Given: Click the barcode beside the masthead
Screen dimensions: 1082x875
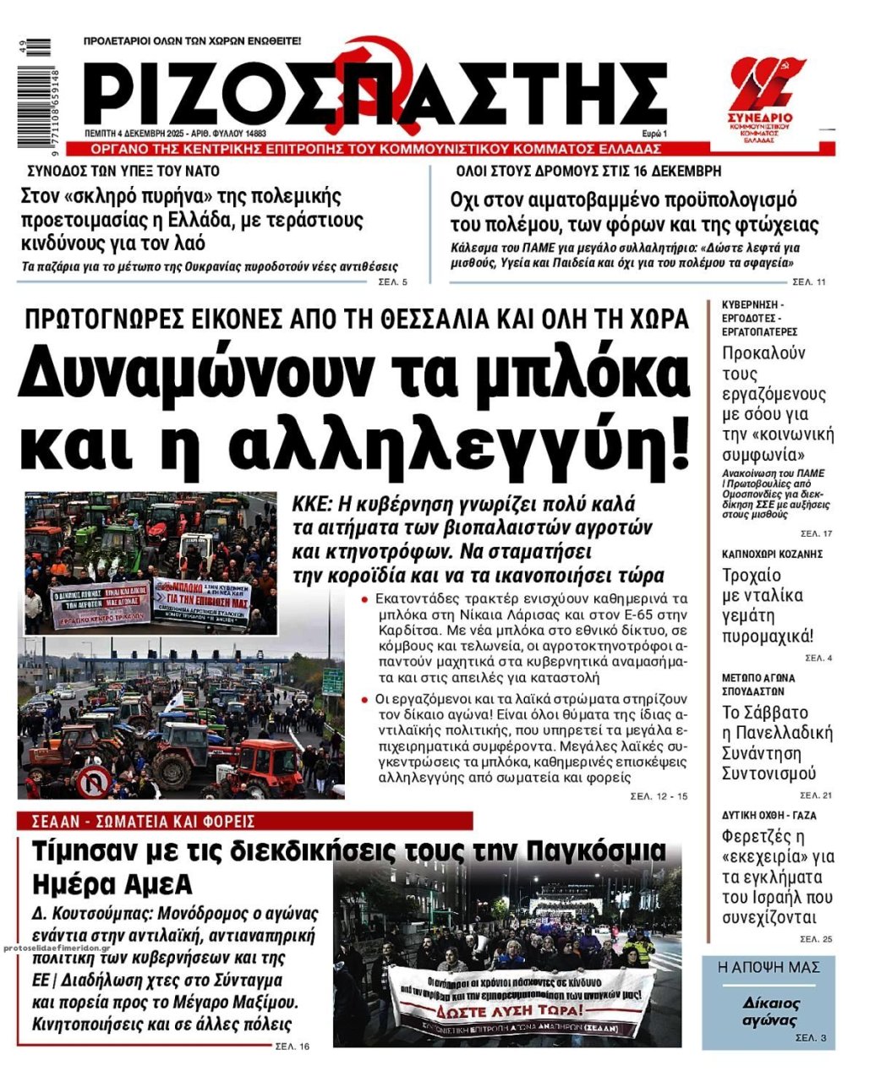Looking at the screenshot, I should pyautogui.click(x=38, y=93).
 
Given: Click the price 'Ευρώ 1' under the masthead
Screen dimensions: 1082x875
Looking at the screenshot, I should pyautogui.click(x=654, y=134).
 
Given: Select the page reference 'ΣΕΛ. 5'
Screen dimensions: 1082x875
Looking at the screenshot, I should pyautogui.click(x=392, y=281).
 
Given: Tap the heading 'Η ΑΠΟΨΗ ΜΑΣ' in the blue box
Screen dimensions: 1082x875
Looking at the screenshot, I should pyautogui.click(x=768, y=967).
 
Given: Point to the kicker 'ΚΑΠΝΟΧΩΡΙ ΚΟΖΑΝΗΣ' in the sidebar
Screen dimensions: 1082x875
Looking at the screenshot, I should pyautogui.click(x=772, y=554).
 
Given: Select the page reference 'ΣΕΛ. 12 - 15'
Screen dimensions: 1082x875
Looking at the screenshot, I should pyautogui.click(x=659, y=796).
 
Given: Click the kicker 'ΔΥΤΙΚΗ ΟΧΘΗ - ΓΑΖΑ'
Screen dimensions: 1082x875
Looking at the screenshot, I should pyautogui.click(x=768, y=816).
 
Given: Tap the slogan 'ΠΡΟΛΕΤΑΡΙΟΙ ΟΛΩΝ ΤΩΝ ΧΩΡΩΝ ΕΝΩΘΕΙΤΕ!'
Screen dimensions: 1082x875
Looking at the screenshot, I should pyautogui.click(x=193, y=41).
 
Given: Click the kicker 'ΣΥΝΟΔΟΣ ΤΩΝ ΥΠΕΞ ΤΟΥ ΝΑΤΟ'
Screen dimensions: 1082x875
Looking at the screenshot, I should pyautogui.click(x=123, y=171).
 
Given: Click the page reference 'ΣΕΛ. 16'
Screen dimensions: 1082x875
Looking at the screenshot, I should pyautogui.click(x=293, y=1046).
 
